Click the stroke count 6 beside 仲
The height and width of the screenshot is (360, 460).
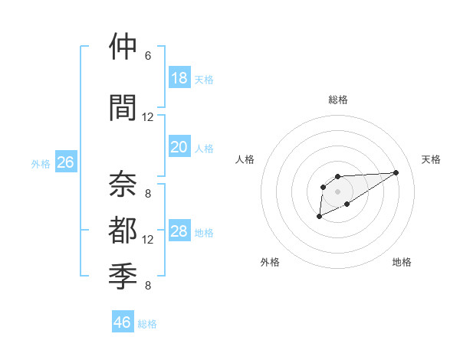click(x=148, y=56)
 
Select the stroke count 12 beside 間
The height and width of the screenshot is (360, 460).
click(x=148, y=116)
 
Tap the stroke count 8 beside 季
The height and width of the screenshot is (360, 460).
click(x=148, y=286)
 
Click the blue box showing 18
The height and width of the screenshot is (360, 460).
click(x=179, y=78)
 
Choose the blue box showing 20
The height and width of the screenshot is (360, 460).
click(x=179, y=147)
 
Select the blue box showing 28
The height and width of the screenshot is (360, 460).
click(x=179, y=231)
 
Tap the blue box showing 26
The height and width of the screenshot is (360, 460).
click(x=65, y=162)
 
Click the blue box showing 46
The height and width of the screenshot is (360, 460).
click(x=123, y=322)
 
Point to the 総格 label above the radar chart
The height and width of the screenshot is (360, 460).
click(x=337, y=100)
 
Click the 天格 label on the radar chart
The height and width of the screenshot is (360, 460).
click(x=431, y=159)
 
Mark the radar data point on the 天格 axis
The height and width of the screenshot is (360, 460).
click(x=396, y=172)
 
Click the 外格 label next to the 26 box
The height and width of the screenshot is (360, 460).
click(x=41, y=163)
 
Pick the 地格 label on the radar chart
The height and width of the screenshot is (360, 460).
click(x=402, y=262)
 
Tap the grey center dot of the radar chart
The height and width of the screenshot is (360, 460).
click(x=337, y=191)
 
